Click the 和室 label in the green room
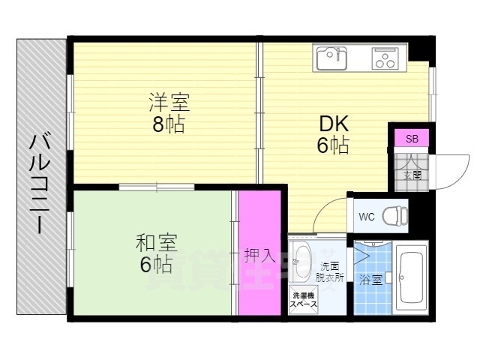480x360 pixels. [155, 242]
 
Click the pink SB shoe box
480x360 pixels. [412, 139]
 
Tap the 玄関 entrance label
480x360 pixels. [412, 175]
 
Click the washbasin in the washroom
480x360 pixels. [301, 259]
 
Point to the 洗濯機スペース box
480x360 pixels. [303, 299]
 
